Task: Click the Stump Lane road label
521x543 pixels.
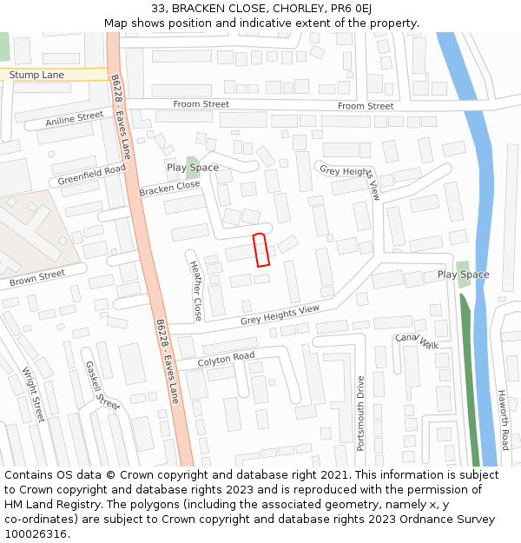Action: tap(36, 76)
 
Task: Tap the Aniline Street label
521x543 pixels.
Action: tap(75, 119)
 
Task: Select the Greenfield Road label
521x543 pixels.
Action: tap(92, 174)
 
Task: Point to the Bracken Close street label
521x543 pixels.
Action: tap(169, 188)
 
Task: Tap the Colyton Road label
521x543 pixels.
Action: tap(226, 358)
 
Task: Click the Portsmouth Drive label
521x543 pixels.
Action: tap(361, 413)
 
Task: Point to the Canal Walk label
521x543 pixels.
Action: tap(417, 340)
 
